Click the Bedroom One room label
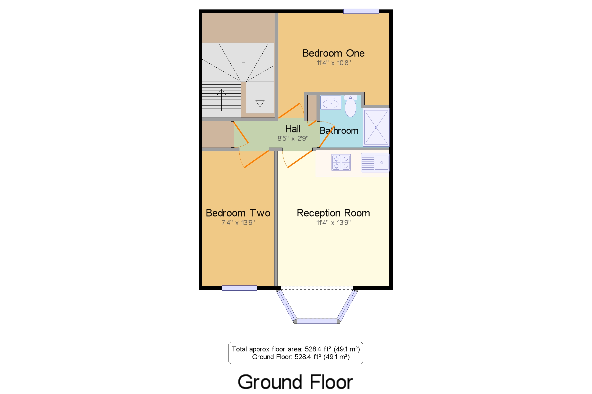coord(333,53)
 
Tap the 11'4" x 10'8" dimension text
coord(333,63)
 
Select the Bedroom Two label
coord(238,213)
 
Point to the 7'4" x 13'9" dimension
coord(238,223)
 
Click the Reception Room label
coord(333,213)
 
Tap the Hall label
coord(293,129)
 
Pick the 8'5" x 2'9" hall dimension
coord(293,138)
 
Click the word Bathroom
coord(339,131)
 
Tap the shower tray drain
coord(376,128)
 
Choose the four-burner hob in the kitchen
coord(341,162)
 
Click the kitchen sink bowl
coord(381,162)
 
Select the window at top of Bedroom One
coord(361,11)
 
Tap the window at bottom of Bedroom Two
coord(239,288)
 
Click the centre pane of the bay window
coord(317,321)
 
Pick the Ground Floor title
coord(295,382)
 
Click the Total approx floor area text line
coord(295,349)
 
